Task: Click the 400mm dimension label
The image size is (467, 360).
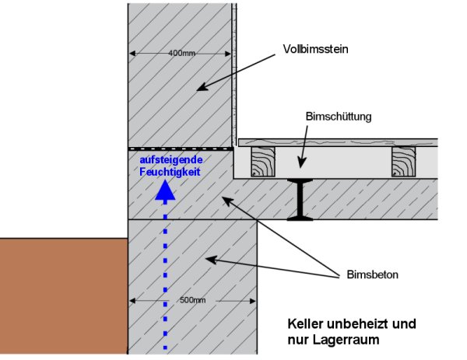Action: pos(181,54)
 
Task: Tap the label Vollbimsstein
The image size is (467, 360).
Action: pos(314,50)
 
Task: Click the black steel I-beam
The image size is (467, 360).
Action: pos(298,200)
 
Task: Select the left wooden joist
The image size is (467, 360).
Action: pos(263,163)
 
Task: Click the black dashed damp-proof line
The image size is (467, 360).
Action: pos(181,149)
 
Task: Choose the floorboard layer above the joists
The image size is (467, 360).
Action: pos(335,143)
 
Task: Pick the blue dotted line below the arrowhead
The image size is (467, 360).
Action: pos(164,272)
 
